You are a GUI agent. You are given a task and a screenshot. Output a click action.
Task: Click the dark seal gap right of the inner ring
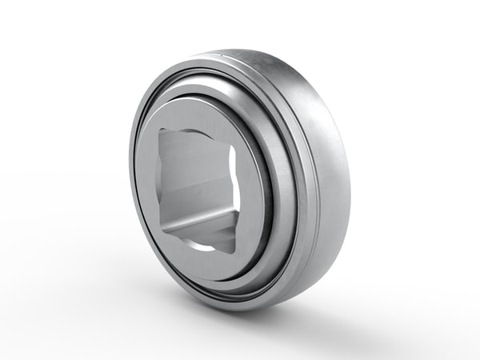[265, 192]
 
